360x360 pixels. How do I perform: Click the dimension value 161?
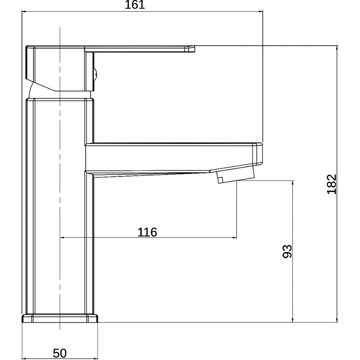pos(135,5)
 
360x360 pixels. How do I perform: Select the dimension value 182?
pos(332,184)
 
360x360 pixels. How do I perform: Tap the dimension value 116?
pos(147,232)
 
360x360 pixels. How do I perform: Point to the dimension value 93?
pos(287,251)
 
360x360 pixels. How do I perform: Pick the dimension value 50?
pos(60,353)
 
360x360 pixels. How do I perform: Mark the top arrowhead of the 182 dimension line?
pos(337,47)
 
